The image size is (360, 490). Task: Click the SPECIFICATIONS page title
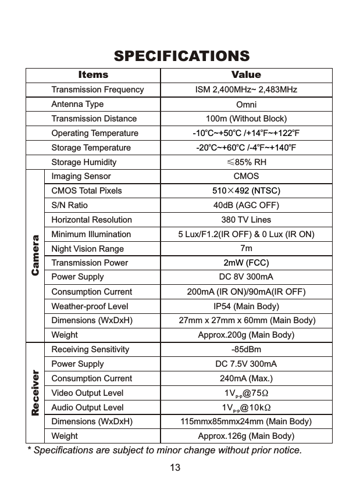(x=181, y=56)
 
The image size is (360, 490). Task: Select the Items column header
(x=93, y=75)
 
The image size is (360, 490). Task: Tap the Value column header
(x=246, y=75)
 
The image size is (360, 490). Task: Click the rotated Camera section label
(x=35, y=255)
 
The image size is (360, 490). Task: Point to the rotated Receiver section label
(x=35, y=393)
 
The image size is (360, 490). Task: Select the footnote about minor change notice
(x=165, y=450)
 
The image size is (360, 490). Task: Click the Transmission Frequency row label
(x=97, y=90)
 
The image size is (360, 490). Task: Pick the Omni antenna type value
(x=246, y=105)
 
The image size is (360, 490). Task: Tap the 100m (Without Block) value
(x=246, y=119)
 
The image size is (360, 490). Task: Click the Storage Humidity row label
(x=84, y=162)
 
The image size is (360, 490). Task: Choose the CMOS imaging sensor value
(x=246, y=176)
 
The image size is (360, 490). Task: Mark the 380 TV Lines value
(x=246, y=220)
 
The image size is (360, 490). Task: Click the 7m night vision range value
(x=246, y=249)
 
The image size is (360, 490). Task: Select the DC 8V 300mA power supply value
(x=246, y=277)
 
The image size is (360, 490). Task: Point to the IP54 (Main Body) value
(x=246, y=306)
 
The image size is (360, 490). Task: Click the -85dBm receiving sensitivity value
(x=246, y=350)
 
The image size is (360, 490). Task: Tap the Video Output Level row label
(x=87, y=393)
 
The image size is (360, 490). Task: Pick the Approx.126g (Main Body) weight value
(x=246, y=436)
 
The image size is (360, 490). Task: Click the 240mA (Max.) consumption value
(x=246, y=378)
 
